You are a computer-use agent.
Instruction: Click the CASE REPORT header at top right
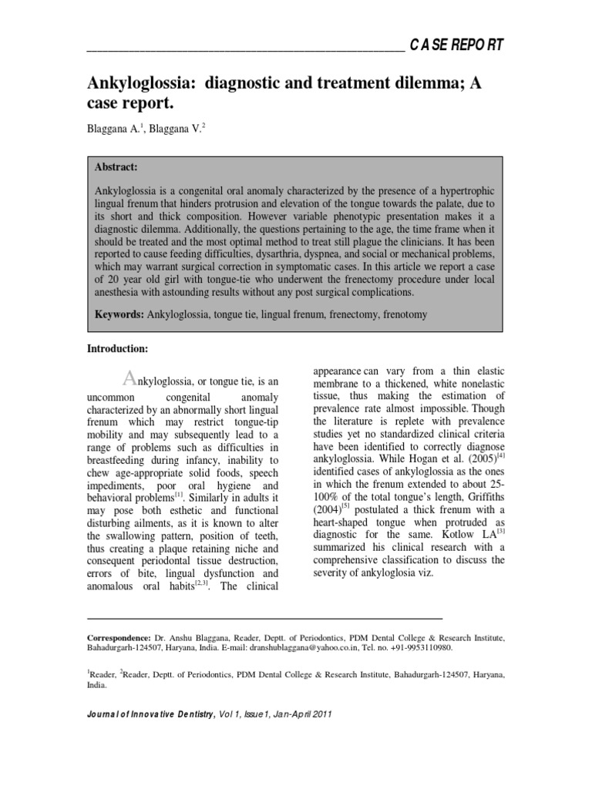coord(456,45)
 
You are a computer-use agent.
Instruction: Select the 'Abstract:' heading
coord(116,166)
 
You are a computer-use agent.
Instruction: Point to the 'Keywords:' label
coord(119,315)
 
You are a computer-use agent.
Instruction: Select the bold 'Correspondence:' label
coord(119,639)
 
